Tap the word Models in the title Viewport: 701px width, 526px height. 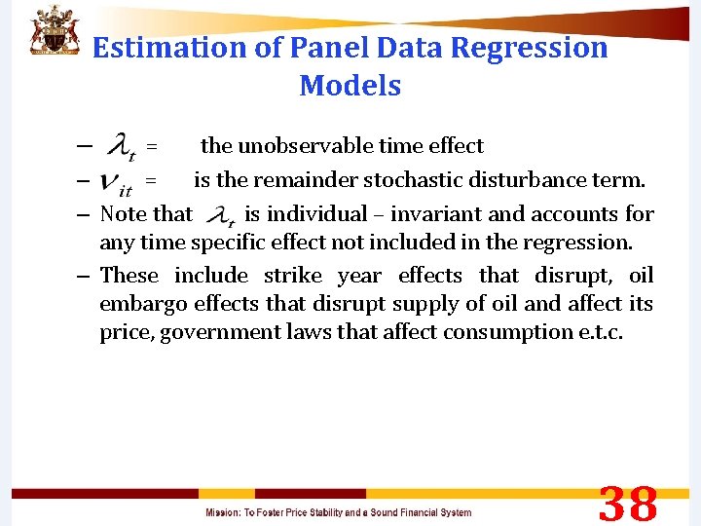click(x=350, y=86)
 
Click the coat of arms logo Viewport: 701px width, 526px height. click(x=54, y=31)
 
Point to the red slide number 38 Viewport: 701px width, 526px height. click(x=628, y=506)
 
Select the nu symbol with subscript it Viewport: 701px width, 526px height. click(x=118, y=181)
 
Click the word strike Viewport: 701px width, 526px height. click(x=292, y=275)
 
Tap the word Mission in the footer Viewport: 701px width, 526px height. click(x=223, y=512)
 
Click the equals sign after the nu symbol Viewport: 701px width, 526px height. click(x=151, y=180)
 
